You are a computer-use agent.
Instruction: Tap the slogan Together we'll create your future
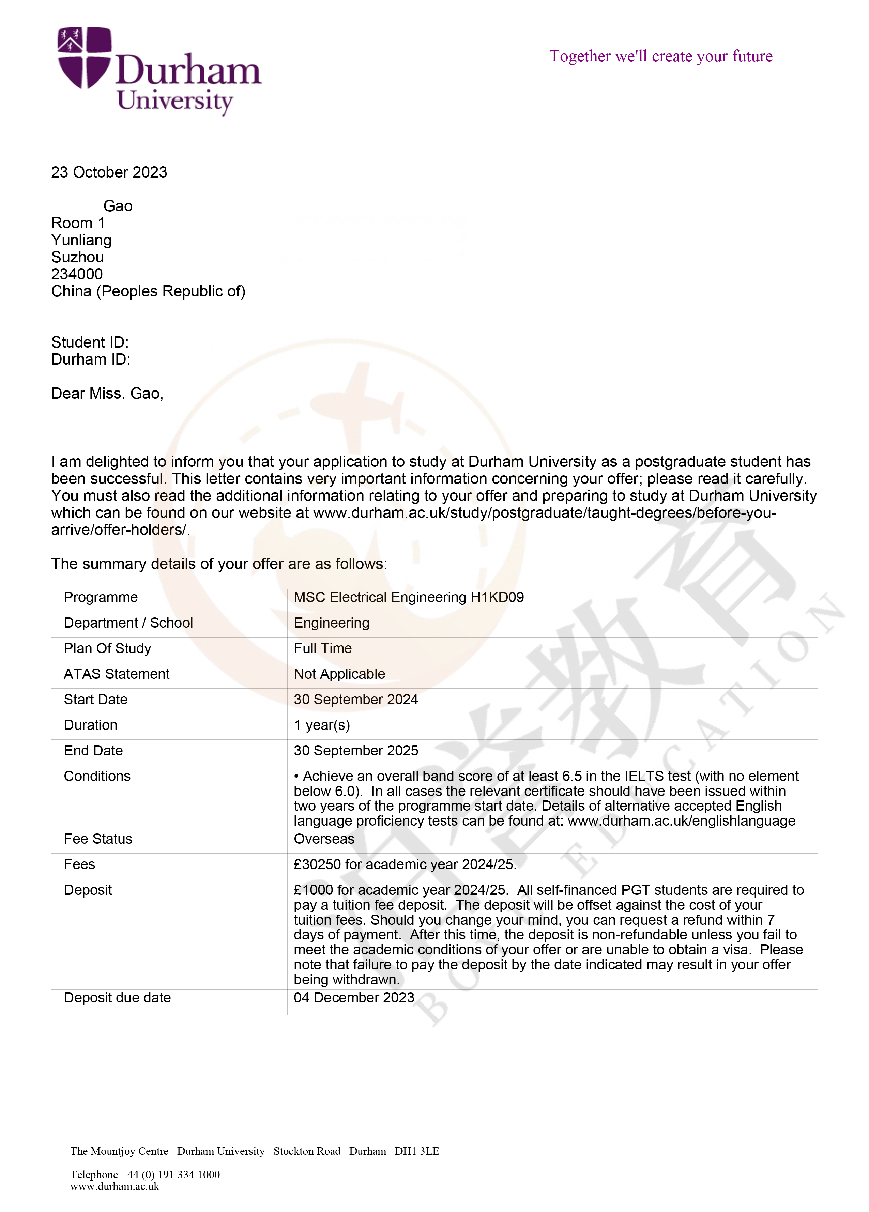(660, 56)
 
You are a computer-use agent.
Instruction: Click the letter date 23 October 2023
(109, 172)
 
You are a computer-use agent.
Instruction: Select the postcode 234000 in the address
(77, 274)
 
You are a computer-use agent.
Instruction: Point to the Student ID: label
(90, 342)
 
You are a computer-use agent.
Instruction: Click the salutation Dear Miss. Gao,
(107, 393)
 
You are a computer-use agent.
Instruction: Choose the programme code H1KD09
(497, 597)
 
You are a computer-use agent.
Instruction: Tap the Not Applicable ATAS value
(339, 674)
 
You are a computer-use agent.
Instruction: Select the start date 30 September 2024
(356, 700)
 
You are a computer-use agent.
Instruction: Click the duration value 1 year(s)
(322, 725)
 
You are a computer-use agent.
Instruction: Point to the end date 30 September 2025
(356, 751)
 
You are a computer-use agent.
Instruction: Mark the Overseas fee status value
(324, 839)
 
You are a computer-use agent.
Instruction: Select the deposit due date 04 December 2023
(354, 998)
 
